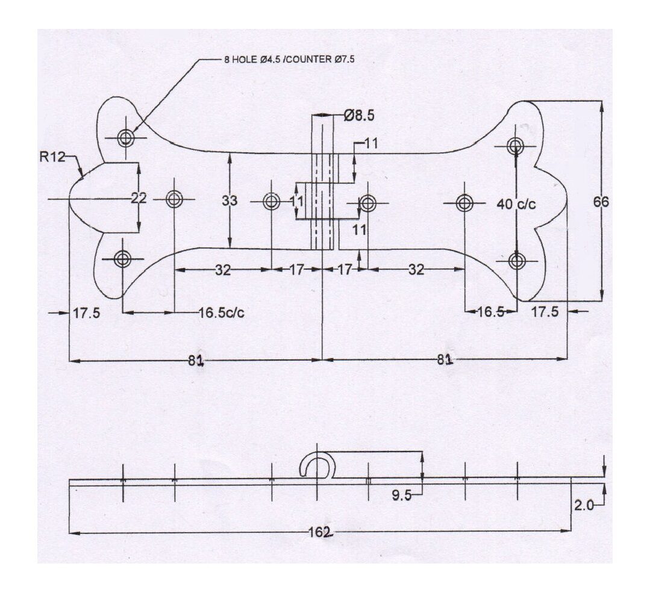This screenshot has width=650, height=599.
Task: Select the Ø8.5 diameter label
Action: [359, 116]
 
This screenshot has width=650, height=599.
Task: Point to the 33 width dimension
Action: [230, 201]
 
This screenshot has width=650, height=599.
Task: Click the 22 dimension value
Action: [139, 199]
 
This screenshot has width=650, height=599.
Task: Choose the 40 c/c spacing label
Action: [516, 203]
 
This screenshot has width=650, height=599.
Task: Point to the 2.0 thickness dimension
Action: [583, 505]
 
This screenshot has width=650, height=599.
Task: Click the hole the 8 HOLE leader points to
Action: [125, 138]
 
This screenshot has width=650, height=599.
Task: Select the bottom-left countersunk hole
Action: [123, 259]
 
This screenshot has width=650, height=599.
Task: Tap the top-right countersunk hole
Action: [516, 145]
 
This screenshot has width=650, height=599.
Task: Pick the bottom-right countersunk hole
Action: [517, 261]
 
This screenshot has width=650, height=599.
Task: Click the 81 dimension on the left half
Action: [195, 360]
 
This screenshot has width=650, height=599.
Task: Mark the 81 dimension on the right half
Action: [445, 360]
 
